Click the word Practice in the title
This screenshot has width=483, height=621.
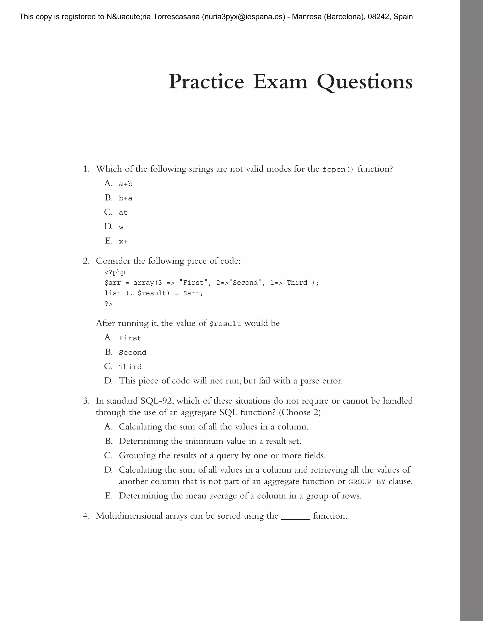[206, 82]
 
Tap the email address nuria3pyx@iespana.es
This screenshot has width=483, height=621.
[243, 17]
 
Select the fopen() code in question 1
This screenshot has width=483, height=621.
[338, 170]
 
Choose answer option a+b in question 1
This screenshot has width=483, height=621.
[126, 184]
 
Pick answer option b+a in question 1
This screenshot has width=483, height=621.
[126, 198]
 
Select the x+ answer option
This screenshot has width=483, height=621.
[123, 242]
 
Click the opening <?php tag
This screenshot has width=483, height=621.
[115, 272]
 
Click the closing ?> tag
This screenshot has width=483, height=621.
[108, 304]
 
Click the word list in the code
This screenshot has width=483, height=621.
[112, 293]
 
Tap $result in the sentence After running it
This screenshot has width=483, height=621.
[225, 324]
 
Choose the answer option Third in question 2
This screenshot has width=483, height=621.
[130, 367]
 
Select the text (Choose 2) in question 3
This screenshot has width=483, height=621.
[300, 412]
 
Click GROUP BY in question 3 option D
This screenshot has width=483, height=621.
[367, 482]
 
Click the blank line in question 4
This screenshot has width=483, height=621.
[296, 516]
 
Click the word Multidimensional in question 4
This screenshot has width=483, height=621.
[129, 516]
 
